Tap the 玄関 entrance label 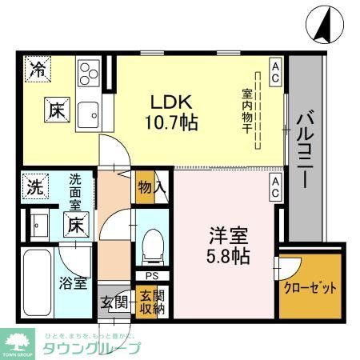(114, 302)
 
